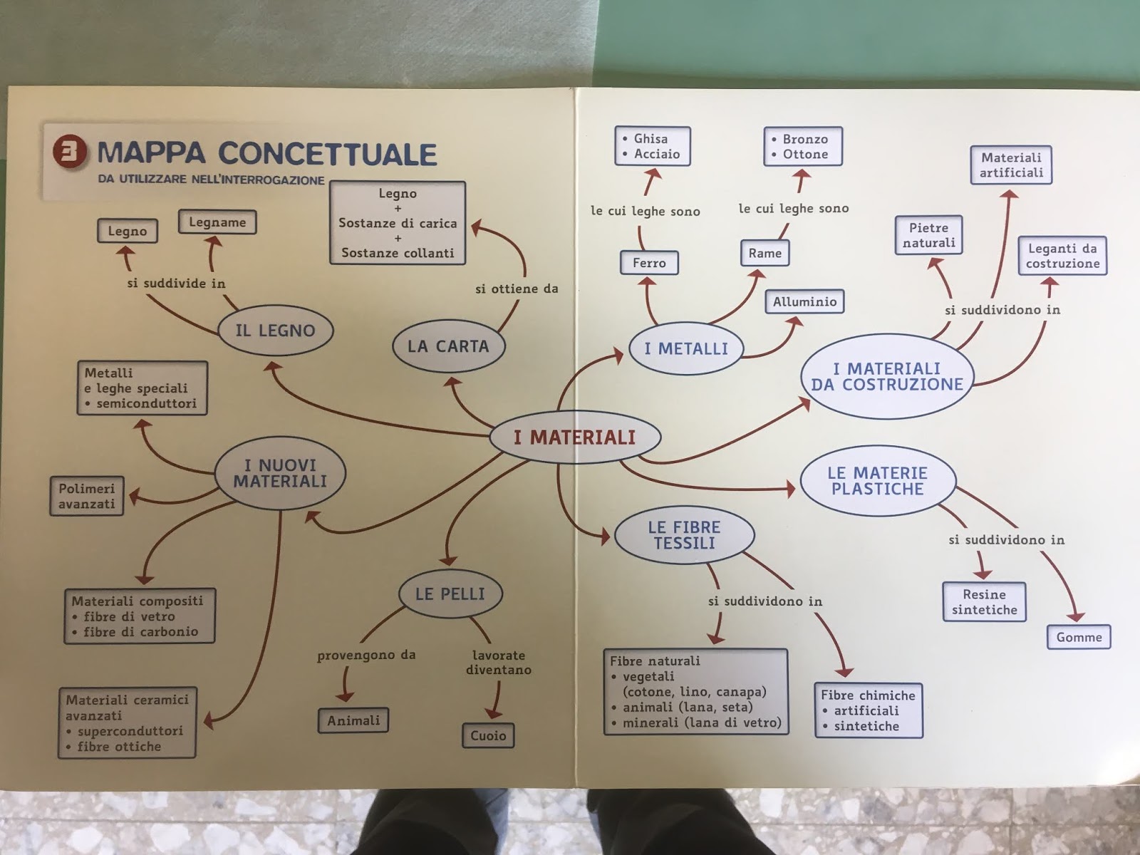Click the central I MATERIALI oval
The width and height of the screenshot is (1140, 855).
tap(575, 437)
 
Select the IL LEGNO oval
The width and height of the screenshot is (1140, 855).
tap(275, 331)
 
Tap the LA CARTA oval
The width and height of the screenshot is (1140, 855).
tap(448, 346)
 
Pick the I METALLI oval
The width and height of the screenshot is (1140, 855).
tap(686, 348)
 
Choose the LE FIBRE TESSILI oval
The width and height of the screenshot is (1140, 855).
tap(684, 535)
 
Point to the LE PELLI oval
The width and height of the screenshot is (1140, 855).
tap(450, 594)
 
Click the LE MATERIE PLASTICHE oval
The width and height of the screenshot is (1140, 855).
tap(877, 481)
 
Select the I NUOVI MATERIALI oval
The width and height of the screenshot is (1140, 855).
tap(280, 473)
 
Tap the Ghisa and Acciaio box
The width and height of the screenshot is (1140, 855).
tap(653, 146)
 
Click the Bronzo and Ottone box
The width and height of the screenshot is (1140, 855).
tap(803, 146)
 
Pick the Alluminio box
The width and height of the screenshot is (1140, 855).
tap(804, 301)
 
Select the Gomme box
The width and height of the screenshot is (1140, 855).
tap(1079, 637)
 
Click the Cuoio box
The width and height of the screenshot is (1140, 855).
tap(488, 735)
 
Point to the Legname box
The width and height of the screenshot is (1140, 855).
tap(217, 222)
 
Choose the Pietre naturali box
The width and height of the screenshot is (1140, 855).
tap(928, 235)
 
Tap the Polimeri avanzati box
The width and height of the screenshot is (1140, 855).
tap(87, 496)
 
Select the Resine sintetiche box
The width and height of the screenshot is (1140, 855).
tap(984, 602)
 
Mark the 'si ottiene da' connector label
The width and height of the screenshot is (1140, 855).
tap(517, 289)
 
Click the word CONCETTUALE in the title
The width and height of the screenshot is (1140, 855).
tap(327, 154)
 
